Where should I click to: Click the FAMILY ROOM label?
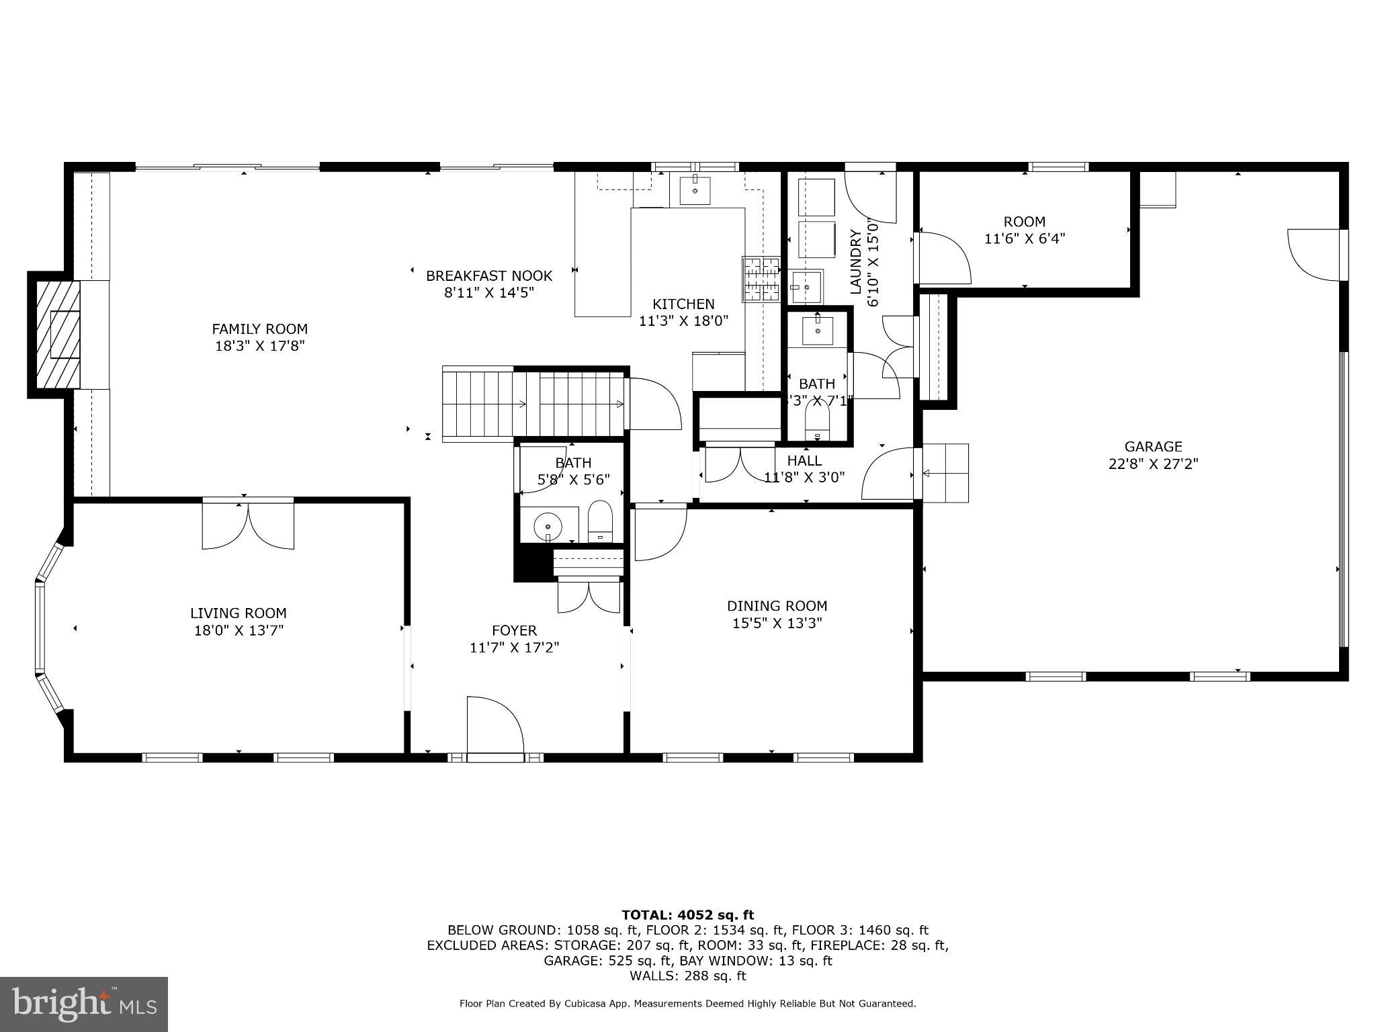[259, 329]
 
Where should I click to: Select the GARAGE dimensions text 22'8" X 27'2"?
[1153, 464]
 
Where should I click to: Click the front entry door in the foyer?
[495, 729]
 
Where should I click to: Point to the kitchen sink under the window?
[695, 189]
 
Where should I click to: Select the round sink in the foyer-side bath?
[549, 525]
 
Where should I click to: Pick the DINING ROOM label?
[777, 606]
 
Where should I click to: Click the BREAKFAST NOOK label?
[488, 275]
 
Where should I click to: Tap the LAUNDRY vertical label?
[856, 262]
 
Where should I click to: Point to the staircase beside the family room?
[534, 404]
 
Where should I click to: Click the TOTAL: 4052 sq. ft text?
[687, 915]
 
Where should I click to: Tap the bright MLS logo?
[83, 1004]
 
